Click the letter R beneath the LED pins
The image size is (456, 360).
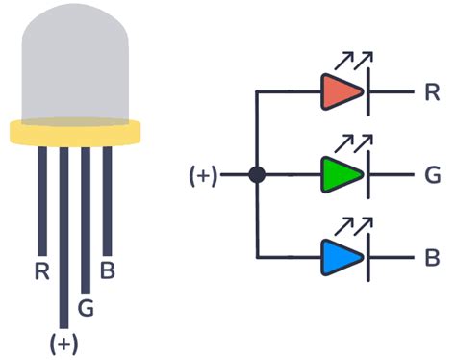click(x=41, y=270)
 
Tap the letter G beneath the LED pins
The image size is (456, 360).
click(x=86, y=308)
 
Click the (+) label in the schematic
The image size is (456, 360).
click(x=203, y=176)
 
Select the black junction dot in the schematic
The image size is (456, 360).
click(x=257, y=175)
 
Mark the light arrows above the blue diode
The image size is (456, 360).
click(x=356, y=226)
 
